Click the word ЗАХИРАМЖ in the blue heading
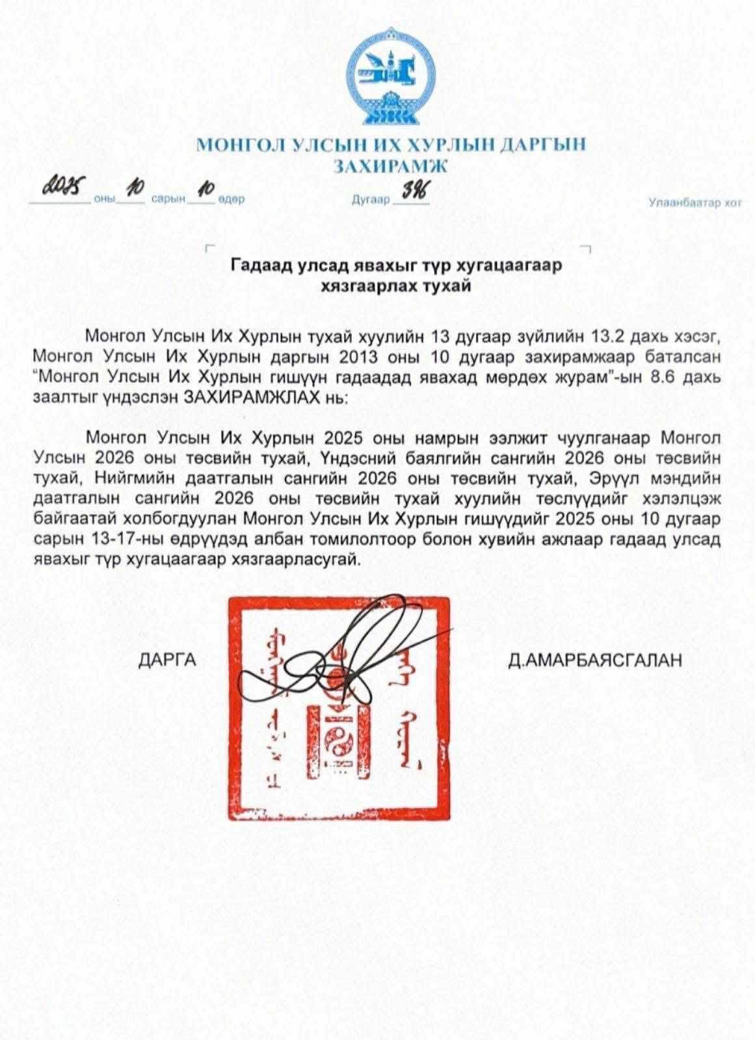pyautogui.click(x=390, y=166)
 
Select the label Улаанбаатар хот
pyautogui.click(x=695, y=203)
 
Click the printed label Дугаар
pyautogui.click(x=370, y=200)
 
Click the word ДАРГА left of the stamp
pyautogui.click(x=167, y=660)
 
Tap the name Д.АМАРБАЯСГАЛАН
pyautogui.click(x=596, y=660)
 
